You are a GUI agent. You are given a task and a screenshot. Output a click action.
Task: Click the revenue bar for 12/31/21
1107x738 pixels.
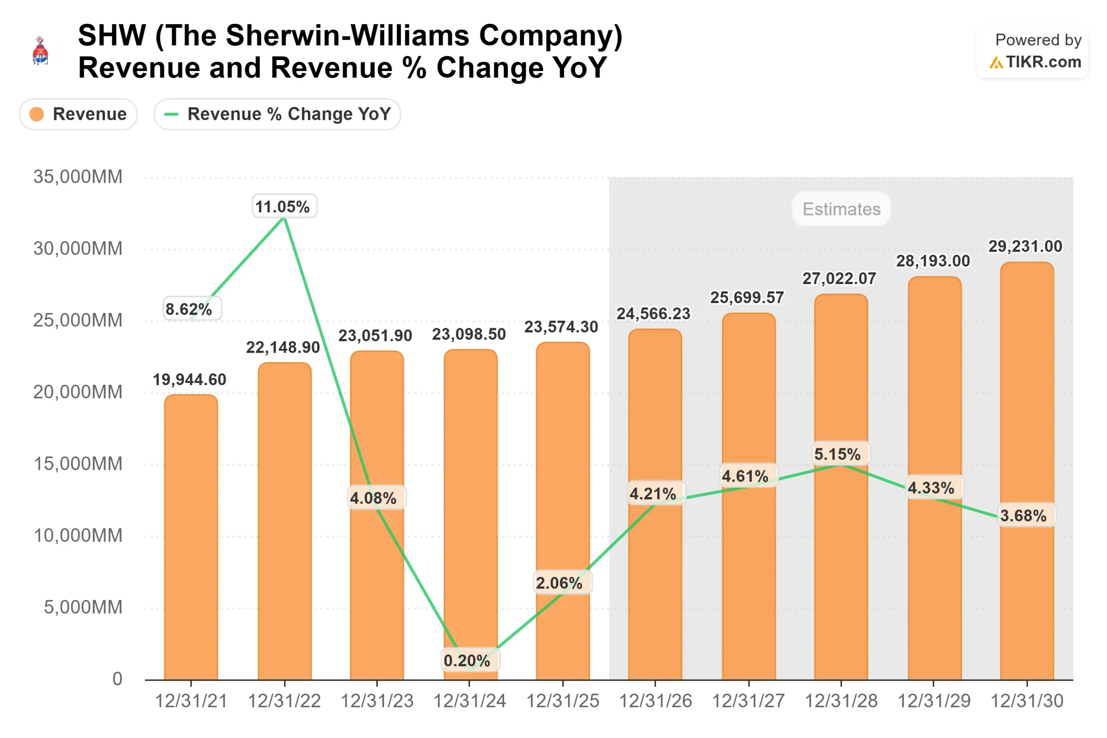coord(191,537)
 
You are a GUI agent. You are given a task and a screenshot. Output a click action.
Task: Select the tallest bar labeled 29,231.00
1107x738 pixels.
coord(1027,471)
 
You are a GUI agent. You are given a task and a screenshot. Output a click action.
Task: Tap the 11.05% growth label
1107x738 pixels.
coord(284,206)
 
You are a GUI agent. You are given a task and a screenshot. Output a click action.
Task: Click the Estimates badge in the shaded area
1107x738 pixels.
coord(841,209)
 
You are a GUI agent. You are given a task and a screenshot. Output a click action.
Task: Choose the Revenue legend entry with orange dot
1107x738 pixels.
coord(78,114)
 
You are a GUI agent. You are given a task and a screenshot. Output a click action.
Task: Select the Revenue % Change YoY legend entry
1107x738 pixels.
coord(277,114)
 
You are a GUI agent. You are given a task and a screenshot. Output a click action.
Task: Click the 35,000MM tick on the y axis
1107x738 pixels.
coord(78,177)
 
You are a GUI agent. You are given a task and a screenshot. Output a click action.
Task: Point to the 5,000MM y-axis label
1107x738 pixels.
coord(83,607)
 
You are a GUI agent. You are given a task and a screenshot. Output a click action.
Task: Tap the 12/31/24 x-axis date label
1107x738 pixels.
coord(469,701)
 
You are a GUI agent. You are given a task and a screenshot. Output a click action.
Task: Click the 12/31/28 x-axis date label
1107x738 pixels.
coord(841,701)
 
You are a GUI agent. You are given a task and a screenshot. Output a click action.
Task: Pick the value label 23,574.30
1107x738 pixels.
coord(561,327)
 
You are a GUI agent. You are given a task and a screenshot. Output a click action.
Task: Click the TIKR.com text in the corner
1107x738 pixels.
coord(1043,62)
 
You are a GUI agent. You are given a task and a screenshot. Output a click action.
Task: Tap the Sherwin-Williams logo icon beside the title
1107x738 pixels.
coord(41,51)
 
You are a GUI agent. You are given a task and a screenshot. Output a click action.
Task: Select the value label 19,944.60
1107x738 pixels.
coord(189,379)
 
